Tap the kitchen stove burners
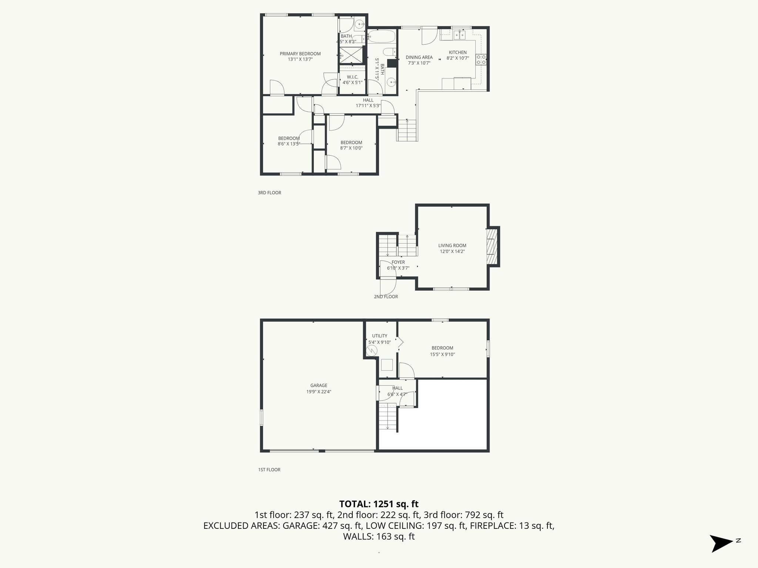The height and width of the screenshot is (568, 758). tap(481, 60)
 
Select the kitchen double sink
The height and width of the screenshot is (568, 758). tap(460, 35)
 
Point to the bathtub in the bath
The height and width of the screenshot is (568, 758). tap(381, 37)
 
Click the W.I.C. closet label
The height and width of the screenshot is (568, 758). tap(352, 80)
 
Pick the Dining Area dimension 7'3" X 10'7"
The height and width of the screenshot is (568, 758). tap(419, 63)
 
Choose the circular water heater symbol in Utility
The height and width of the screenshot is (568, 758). tap(372, 351)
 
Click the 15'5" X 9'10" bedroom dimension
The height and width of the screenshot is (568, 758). tap(442, 354)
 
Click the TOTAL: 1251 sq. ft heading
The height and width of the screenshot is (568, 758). tap(379, 504)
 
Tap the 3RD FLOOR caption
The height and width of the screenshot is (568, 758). tap(269, 193)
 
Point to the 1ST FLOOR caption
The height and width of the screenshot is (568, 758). tap(269, 470)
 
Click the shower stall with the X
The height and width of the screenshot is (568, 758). tap(351, 55)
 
